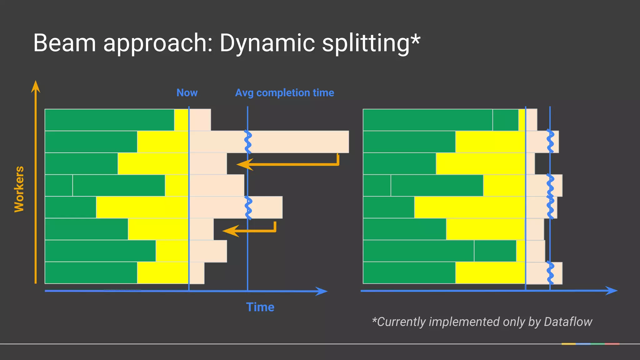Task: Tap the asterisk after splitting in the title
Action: click(415, 39)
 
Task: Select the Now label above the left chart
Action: click(187, 93)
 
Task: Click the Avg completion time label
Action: click(284, 93)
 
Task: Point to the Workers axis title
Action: click(19, 189)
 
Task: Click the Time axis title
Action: click(260, 307)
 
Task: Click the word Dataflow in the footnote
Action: click(568, 322)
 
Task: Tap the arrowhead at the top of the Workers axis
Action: click(36, 87)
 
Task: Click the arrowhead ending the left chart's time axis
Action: click(322, 291)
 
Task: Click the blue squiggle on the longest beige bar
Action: click(248, 142)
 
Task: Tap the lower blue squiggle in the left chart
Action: click(248, 208)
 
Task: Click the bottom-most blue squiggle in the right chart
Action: click(550, 273)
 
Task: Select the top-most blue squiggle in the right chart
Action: click(550, 141)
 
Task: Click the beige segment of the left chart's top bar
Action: click(200, 120)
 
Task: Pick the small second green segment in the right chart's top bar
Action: click(505, 120)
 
